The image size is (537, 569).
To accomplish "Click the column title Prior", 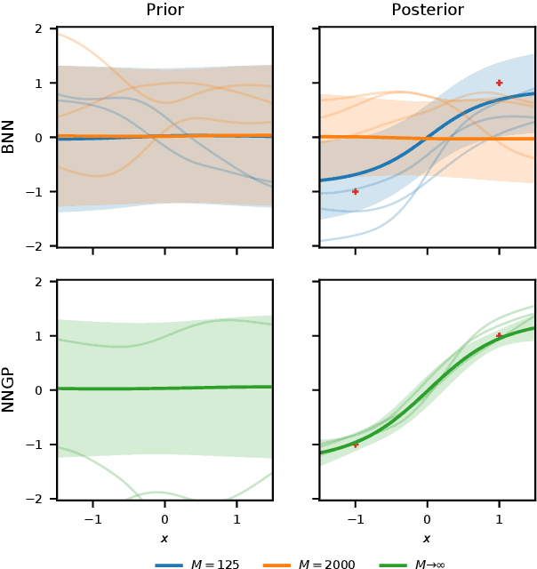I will (164, 11).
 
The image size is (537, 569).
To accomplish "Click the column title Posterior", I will (427, 11).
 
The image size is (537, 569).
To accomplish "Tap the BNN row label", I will (9, 137).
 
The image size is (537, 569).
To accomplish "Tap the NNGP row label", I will (9, 390).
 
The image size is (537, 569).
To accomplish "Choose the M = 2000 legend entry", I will (304, 564).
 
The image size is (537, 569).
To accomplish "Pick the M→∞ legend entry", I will (414, 564).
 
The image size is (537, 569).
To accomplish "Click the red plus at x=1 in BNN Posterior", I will (499, 83).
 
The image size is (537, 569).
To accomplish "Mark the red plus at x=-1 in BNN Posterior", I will (356, 191).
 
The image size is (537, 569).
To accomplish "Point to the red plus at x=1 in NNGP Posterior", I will (499, 335).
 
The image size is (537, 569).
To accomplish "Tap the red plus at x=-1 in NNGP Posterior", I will (356, 445).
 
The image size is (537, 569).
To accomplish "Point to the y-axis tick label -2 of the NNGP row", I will (36, 499).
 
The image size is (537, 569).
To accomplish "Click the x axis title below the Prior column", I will (164, 538).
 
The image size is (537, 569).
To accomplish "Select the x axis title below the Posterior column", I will (427, 538).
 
